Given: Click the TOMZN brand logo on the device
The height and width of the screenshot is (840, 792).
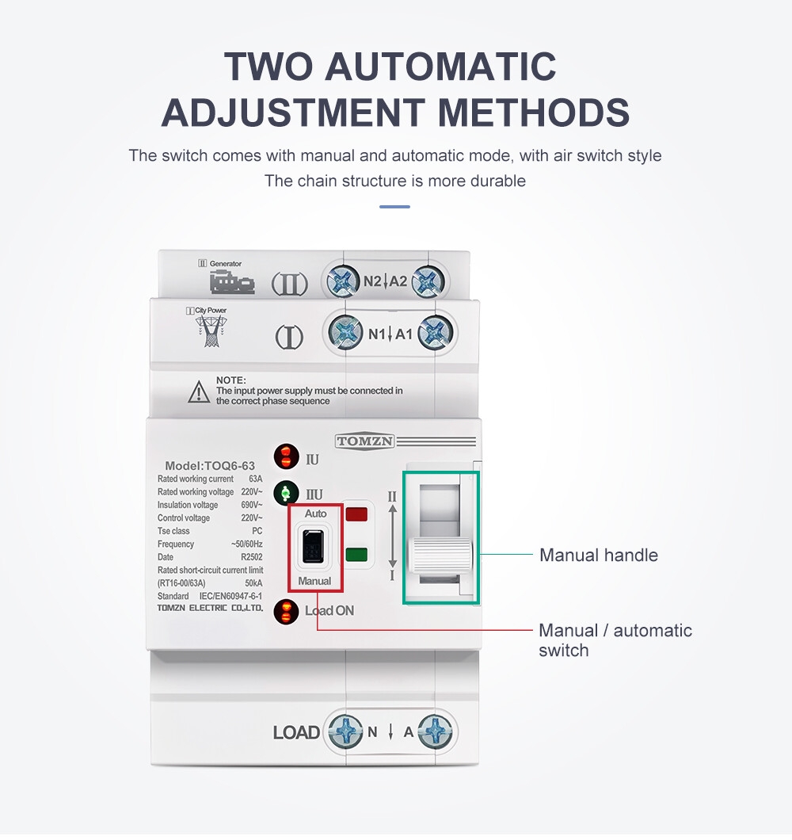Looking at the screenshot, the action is [x=364, y=441].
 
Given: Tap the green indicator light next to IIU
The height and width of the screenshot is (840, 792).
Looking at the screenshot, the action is [x=287, y=493].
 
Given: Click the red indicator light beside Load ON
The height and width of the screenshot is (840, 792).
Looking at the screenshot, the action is [x=286, y=611].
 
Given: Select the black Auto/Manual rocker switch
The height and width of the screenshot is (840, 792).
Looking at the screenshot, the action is [x=314, y=546].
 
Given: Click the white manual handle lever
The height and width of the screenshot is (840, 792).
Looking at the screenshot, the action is [x=440, y=556].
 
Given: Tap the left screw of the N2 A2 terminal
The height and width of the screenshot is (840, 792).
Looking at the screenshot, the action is [x=343, y=281].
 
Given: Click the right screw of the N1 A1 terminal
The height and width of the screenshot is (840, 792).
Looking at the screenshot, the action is [x=436, y=333].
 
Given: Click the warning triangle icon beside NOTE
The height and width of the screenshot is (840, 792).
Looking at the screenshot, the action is [x=199, y=391].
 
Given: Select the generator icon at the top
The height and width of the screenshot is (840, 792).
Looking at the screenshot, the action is [x=232, y=282].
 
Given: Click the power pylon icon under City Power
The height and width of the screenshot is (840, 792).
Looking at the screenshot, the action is [x=211, y=331].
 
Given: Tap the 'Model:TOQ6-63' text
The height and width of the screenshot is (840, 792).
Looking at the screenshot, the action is [x=210, y=465].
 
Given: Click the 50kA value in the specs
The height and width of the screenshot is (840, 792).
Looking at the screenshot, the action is [x=253, y=583].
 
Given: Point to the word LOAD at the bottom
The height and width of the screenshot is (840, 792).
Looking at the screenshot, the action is [x=296, y=732].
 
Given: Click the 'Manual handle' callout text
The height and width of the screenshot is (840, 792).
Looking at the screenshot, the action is [x=599, y=555].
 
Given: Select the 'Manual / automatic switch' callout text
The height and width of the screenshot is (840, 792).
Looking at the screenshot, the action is [x=615, y=640].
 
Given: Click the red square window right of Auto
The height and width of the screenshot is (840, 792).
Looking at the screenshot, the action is [x=356, y=515].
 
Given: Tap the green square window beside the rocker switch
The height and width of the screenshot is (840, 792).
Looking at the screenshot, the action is [x=356, y=555].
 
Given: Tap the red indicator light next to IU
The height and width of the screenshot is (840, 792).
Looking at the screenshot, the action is [x=287, y=456].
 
